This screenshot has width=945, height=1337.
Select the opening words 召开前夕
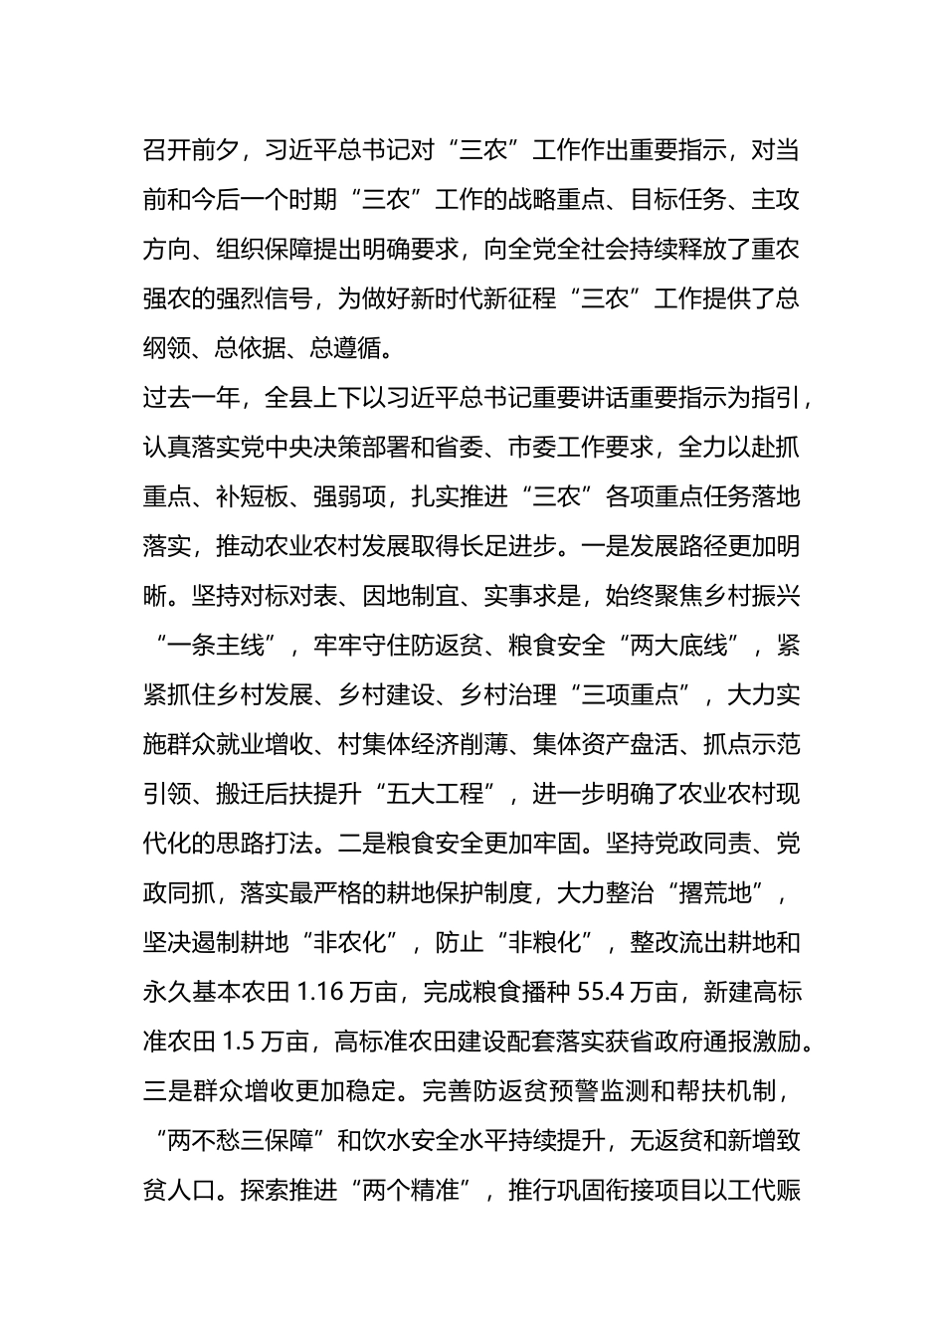point(191,150)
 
